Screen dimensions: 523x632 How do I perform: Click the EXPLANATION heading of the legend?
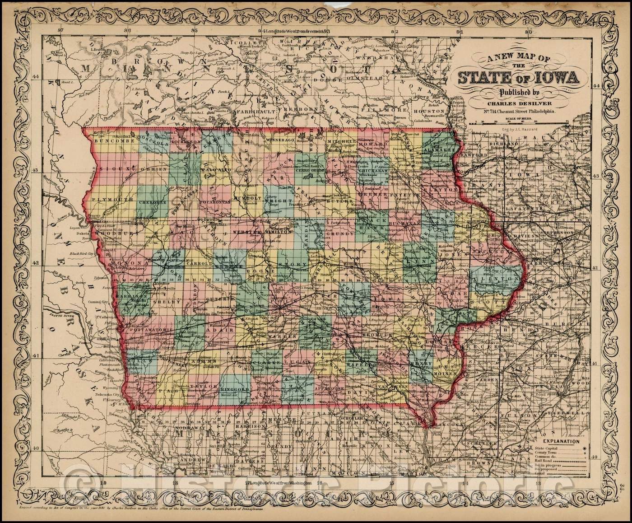pos(561,440)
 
